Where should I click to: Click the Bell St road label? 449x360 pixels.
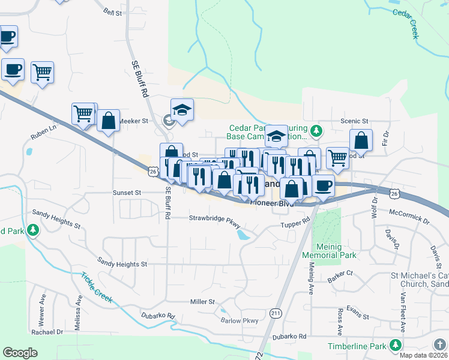pyautogui.click(x=112, y=11)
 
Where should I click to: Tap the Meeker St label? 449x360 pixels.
pyautogui.click(x=133, y=121)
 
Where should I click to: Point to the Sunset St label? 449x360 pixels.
pyautogui.click(x=127, y=193)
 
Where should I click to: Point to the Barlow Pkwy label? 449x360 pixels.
pyautogui.click(x=240, y=320)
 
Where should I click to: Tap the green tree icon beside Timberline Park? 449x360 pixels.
pyautogui.click(x=395, y=345)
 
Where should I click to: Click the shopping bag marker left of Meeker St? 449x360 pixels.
pyautogui.click(x=108, y=121)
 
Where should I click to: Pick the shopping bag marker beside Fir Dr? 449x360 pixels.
pyautogui.click(x=361, y=141)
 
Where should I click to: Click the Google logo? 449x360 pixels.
pyautogui.click(x=20, y=353)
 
